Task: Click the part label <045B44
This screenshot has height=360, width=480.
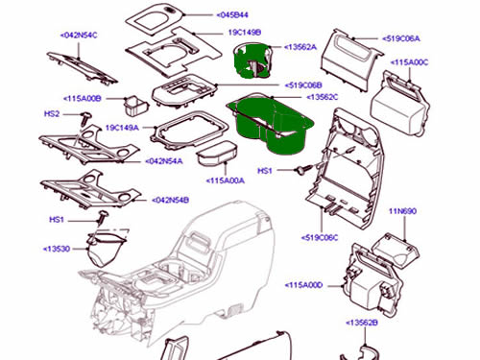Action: (x=232, y=15)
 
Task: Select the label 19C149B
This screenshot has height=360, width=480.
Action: (x=245, y=33)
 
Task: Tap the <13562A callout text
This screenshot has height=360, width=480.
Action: (x=300, y=47)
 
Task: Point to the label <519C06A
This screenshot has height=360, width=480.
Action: (x=401, y=38)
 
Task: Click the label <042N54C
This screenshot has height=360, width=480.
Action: (x=79, y=35)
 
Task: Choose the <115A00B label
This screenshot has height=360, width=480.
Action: (x=83, y=99)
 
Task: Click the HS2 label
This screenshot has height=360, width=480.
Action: (x=52, y=114)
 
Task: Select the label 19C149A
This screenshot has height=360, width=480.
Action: (x=122, y=128)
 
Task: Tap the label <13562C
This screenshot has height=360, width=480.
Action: (x=323, y=97)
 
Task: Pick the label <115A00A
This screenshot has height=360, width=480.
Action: (x=226, y=180)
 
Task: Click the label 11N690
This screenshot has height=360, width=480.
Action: (x=402, y=211)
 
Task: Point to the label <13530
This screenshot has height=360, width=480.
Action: (x=57, y=249)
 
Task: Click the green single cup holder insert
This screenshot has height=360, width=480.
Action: (x=252, y=60)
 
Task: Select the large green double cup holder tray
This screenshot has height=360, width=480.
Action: (x=271, y=125)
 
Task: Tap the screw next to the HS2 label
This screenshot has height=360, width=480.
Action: (x=84, y=119)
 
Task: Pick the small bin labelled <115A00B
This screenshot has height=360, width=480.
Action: (x=135, y=107)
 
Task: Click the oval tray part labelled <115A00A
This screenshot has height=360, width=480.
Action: (x=217, y=154)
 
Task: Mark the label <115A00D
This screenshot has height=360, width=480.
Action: (x=303, y=285)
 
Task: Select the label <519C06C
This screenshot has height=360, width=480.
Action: (x=320, y=238)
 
